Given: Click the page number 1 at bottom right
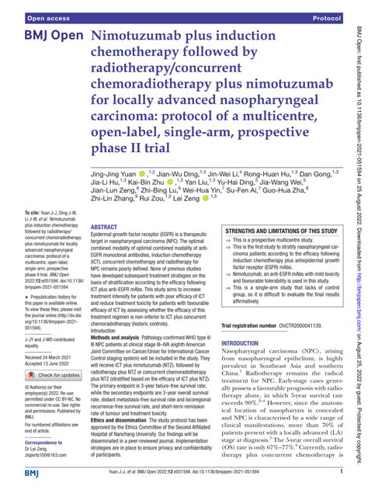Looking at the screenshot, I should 341,471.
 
